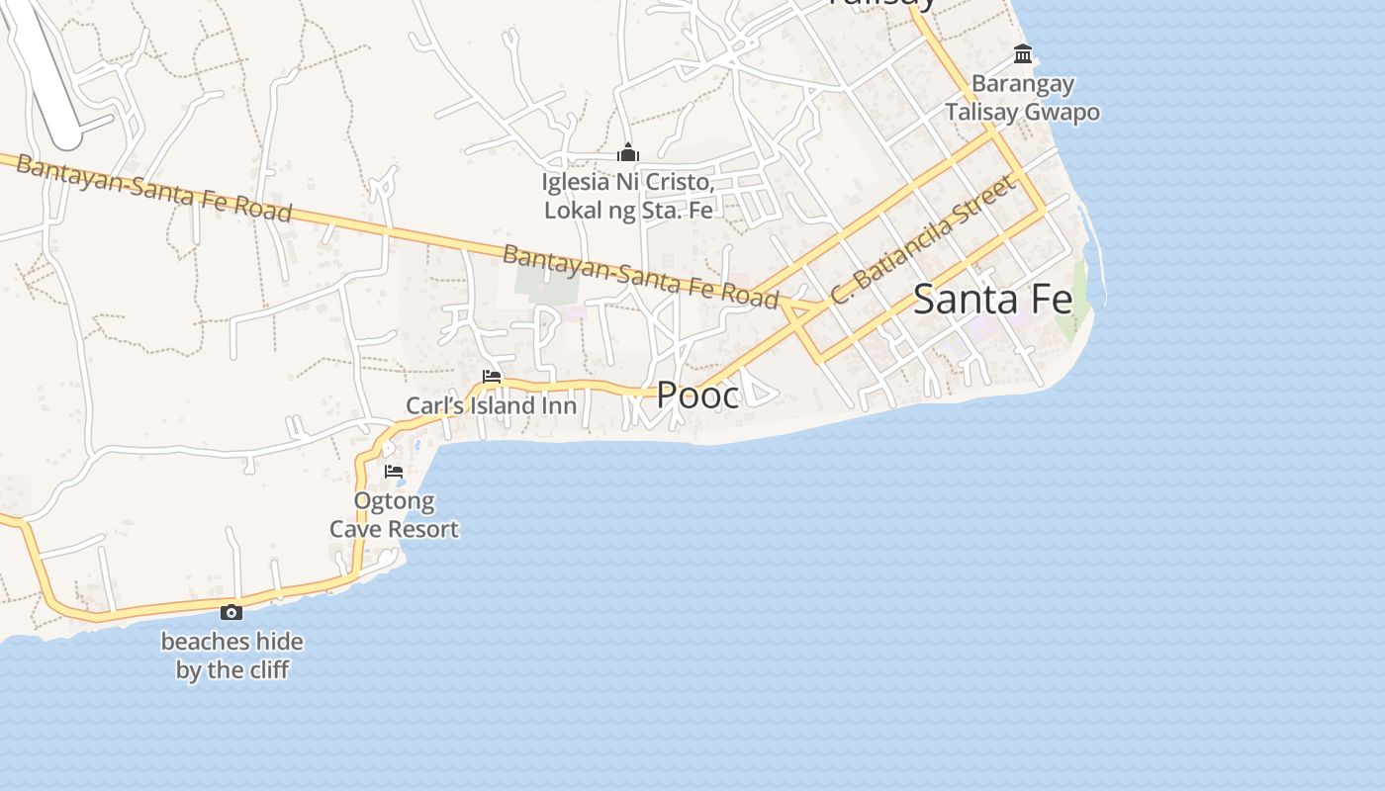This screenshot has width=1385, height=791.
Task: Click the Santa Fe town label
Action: pyautogui.click(x=992, y=299)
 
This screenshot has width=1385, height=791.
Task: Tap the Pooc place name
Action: pyautogui.click(x=697, y=395)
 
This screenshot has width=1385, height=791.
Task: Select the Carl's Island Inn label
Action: pyautogui.click(x=491, y=405)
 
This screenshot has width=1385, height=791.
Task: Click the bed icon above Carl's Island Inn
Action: pyautogui.click(x=491, y=377)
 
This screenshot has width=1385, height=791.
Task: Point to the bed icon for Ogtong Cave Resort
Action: pyautogui.click(x=394, y=472)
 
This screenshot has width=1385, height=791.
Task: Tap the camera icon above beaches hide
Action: pyautogui.click(x=231, y=613)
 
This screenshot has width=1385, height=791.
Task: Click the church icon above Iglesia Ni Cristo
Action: pyautogui.click(x=627, y=153)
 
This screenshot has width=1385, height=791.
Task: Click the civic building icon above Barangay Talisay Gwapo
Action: pyautogui.click(x=1023, y=52)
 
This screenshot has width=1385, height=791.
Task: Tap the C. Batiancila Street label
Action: pyautogui.click(x=922, y=240)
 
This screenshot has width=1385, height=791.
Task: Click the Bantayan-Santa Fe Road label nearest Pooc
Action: pyautogui.click(x=640, y=276)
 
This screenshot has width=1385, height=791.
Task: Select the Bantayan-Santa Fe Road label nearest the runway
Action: pyautogui.click(x=153, y=188)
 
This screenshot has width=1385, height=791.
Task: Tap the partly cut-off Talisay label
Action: pyautogui.click(x=880, y=3)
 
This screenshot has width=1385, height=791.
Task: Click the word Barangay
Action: pyautogui.click(x=1022, y=84)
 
